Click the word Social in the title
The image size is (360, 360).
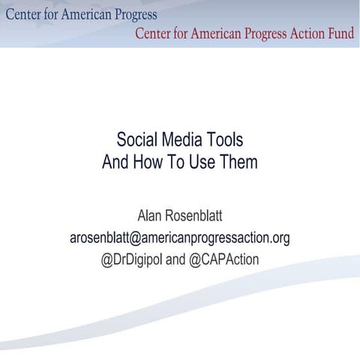point(139,140)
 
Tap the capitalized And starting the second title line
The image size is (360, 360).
point(115,161)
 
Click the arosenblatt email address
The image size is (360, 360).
point(179,238)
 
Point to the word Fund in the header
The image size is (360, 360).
point(337,33)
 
